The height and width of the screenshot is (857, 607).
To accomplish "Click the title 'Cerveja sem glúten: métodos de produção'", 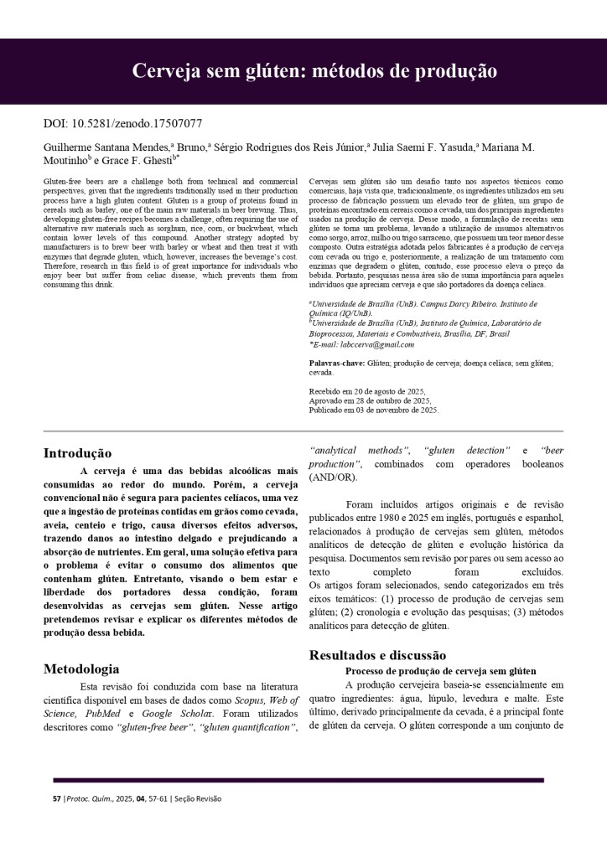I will [314, 71].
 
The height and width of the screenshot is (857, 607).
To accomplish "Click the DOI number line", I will [122, 124].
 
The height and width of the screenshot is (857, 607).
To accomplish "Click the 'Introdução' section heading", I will [77, 454].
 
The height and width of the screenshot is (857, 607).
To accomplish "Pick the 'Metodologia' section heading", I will [81, 669].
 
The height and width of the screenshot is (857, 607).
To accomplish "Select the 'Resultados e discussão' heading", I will [377, 654].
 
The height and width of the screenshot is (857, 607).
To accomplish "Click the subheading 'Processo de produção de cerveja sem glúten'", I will [440, 671].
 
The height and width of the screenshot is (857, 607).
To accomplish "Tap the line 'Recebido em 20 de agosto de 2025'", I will [367, 392].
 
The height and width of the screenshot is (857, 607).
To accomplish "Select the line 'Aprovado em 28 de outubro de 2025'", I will [370, 401].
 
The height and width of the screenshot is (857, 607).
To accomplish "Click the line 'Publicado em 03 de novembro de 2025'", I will [374, 410].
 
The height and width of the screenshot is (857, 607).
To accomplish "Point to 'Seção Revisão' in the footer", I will [198, 798].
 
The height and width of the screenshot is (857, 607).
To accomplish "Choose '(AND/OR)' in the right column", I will [333, 478].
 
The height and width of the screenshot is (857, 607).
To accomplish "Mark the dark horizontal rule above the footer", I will [298, 780].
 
